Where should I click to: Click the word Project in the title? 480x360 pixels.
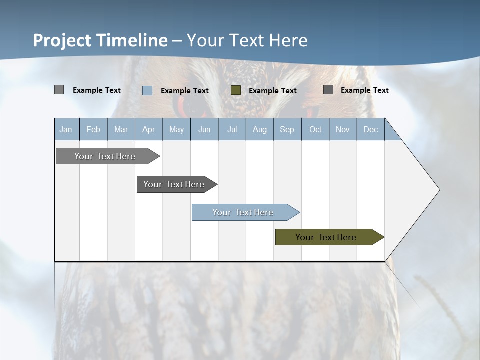[62, 40]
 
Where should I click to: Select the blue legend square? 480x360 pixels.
[147, 90]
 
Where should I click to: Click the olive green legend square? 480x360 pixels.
[236, 90]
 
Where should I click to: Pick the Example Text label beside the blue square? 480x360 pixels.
[184, 91]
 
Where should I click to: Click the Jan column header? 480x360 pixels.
[66, 129]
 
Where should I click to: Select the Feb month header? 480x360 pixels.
[93, 129]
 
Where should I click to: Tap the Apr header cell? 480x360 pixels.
[148, 129]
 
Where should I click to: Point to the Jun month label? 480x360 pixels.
[204, 129]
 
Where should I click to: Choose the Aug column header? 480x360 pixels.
[259, 129]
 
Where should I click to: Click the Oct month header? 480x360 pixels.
[315, 129]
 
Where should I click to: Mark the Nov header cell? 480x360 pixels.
[343, 129]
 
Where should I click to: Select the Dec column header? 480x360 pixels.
[370, 129]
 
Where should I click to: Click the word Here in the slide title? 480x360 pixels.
[289, 40]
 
